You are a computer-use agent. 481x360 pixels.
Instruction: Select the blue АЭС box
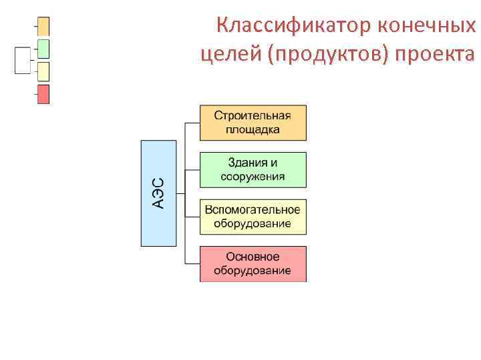click(x=158, y=193)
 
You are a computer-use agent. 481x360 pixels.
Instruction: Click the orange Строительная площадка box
click(x=253, y=122)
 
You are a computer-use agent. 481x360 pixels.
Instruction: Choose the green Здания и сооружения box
click(x=253, y=169)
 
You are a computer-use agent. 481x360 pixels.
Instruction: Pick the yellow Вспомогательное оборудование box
click(x=253, y=217)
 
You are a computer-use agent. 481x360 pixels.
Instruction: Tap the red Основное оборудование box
click(x=253, y=263)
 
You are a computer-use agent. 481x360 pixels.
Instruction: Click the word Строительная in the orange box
click(x=253, y=115)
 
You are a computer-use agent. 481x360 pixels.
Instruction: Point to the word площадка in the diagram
click(x=253, y=129)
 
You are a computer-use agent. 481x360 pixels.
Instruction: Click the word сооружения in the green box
click(x=253, y=177)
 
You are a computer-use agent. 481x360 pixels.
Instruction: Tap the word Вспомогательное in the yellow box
click(x=253, y=210)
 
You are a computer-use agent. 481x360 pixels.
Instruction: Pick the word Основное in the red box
click(x=253, y=257)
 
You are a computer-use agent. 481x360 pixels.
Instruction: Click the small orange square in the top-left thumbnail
click(x=43, y=27)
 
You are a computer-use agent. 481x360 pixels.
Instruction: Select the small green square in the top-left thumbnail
click(x=43, y=49)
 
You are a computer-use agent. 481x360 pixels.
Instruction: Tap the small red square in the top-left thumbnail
click(x=43, y=94)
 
